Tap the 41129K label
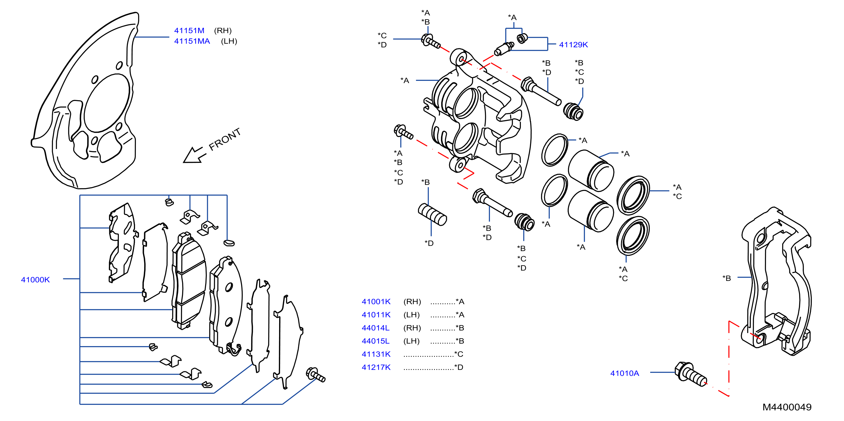[x=573, y=45]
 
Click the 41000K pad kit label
[x=35, y=279]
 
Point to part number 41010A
[x=624, y=373]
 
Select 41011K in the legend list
[x=376, y=315]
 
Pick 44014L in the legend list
[x=376, y=328]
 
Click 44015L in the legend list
[x=376, y=341]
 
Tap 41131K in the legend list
[x=376, y=354]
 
